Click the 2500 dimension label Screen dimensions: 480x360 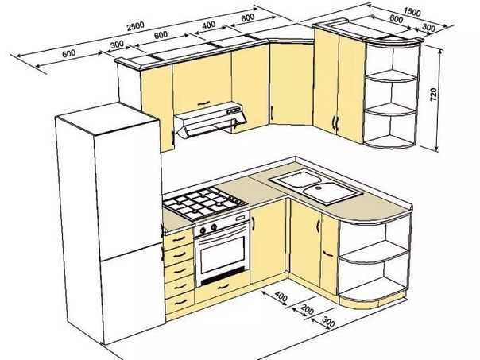[135, 25]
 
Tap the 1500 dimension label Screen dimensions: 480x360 [412, 12]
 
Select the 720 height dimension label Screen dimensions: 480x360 [434, 95]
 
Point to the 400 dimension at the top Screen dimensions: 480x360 [209, 25]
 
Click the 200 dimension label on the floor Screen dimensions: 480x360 [307, 309]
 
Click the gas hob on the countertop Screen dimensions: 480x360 [204, 203]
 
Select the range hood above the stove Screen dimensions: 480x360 [209, 120]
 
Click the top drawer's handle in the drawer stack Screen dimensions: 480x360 [179, 238]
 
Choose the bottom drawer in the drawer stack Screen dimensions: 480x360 [180, 302]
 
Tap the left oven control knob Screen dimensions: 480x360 [203, 230]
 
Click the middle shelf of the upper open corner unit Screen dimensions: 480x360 [391, 110]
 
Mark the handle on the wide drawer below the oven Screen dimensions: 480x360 [224, 287]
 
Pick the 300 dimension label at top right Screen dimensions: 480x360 [428, 28]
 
